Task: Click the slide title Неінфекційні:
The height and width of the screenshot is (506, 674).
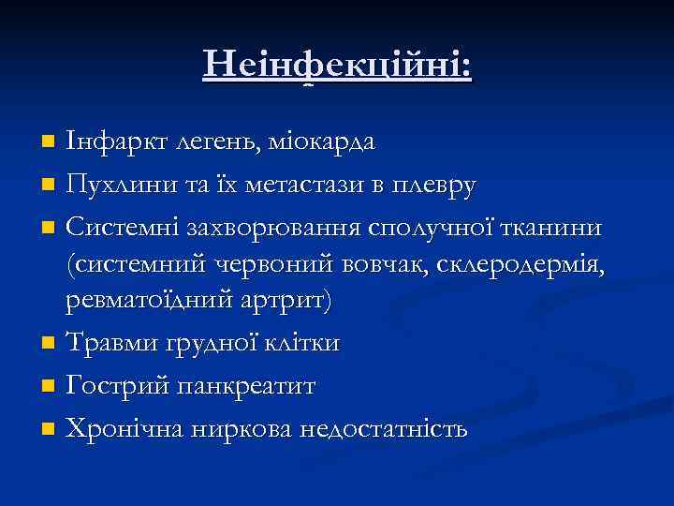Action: click(337, 66)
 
